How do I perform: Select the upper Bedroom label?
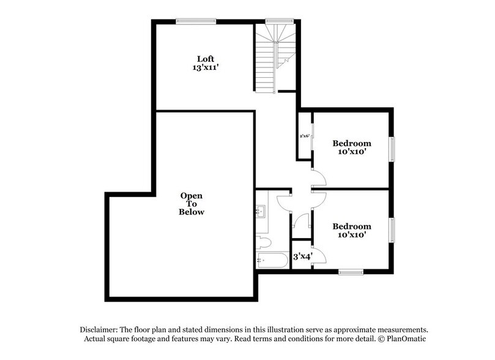click(352, 143)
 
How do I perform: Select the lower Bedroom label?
click(352, 226)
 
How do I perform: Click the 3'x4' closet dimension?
click(302, 257)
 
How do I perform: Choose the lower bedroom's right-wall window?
click(392, 230)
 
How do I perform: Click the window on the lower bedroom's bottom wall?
click(351, 271)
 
